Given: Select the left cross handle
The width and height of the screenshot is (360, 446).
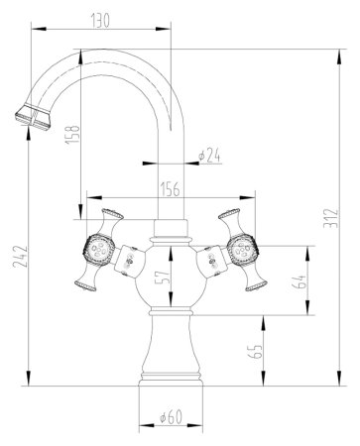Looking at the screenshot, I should (x=98, y=250).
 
